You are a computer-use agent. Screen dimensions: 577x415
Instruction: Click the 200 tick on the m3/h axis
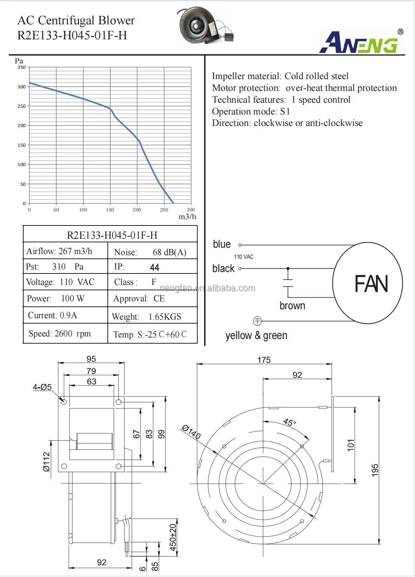coord(137,210)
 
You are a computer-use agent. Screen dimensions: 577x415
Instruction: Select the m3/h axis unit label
coord(187,217)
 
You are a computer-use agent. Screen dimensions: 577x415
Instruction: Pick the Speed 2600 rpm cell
coord(60,334)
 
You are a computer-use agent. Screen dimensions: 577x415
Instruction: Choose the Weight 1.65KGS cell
coord(147,317)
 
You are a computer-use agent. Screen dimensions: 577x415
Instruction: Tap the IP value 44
coord(154,267)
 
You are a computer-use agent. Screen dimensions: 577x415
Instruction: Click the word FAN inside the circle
coord(371,284)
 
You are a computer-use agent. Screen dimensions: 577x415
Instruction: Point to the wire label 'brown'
coord(292,306)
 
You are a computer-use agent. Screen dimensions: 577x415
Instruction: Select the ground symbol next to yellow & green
coord(257,321)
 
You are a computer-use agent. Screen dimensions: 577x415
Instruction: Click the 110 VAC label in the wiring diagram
coord(243,257)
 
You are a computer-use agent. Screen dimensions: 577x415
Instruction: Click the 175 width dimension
coord(264,360)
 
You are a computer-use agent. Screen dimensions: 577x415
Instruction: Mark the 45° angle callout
coord(289,422)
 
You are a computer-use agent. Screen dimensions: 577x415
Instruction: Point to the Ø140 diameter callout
coord(191,432)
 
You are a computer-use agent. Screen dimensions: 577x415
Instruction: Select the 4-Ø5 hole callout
coord(42,387)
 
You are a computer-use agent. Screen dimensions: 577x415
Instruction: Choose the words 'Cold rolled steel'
coord(316,76)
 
